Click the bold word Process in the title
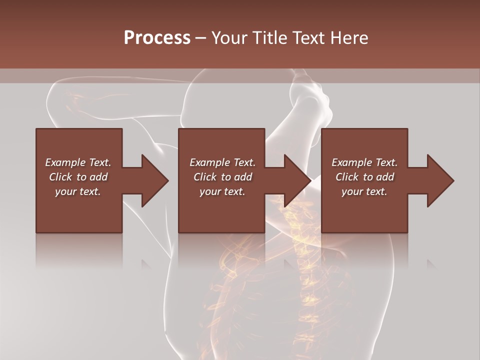[x=157, y=38]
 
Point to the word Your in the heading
[x=229, y=38]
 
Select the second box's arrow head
[x=297, y=180]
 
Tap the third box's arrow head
[x=440, y=180]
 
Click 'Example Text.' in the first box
[x=78, y=162]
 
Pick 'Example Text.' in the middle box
[x=222, y=162]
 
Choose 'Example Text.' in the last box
[x=364, y=162]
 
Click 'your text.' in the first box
[x=78, y=191]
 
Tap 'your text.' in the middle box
[x=222, y=191]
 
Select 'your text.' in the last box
[x=364, y=191]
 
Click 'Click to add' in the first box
[x=78, y=177]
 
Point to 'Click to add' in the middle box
[x=222, y=177]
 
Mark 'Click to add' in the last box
[x=364, y=177]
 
